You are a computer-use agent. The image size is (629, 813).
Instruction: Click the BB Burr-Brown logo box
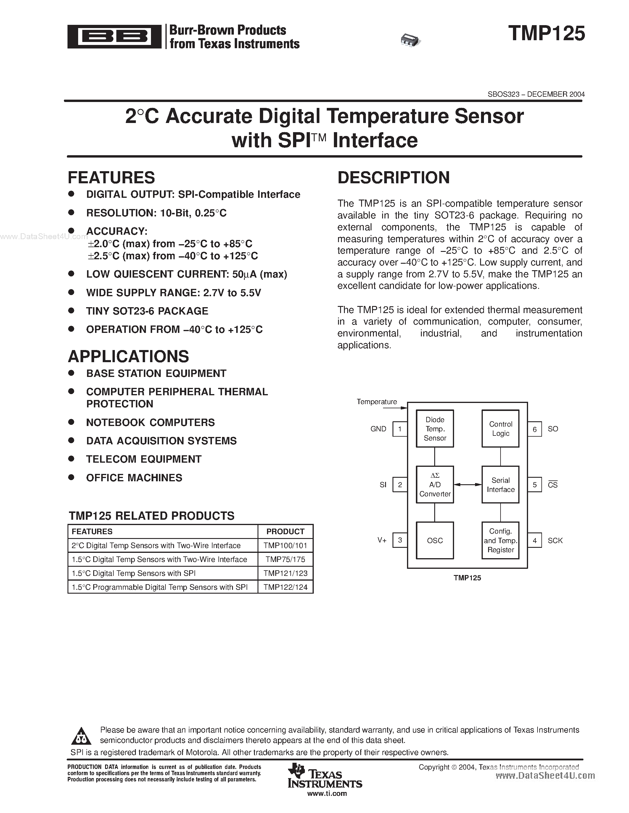coord(114,36)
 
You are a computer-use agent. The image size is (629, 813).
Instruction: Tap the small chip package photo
coord(410,40)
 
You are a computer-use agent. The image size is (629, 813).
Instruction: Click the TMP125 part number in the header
coord(546,33)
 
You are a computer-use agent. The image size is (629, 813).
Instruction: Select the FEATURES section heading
coord(111,178)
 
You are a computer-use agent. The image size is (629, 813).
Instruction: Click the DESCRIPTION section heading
coord(393,178)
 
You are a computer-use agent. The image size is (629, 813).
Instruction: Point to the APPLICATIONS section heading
coord(128,356)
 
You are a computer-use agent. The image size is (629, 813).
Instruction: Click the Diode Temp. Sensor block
coord(435,428)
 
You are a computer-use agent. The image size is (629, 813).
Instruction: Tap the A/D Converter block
coord(435,484)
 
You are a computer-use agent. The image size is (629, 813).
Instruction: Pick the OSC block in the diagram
coord(435,540)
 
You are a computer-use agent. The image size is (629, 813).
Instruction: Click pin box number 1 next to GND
coord(400,429)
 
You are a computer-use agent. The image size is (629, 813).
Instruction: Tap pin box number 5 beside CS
coord(535,485)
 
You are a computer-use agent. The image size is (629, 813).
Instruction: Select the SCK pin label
coord(555,540)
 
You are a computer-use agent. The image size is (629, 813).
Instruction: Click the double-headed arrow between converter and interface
coord(468,484)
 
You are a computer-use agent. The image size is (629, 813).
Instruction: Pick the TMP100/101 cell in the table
coord(285,545)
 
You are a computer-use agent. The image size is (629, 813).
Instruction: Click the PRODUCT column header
coord(285,532)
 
